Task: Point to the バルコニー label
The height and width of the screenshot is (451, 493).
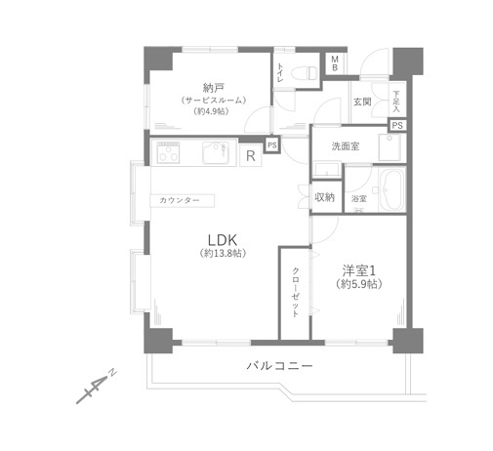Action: pyautogui.click(x=278, y=366)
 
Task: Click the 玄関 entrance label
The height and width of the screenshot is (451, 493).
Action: pyautogui.click(x=362, y=102)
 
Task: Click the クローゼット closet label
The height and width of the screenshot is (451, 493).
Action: pyautogui.click(x=294, y=292)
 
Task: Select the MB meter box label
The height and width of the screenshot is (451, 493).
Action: pyautogui.click(x=334, y=63)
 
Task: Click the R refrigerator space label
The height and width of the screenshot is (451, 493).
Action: pyautogui.click(x=251, y=154)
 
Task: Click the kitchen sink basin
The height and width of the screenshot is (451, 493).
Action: pyautogui.click(x=215, y=153)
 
